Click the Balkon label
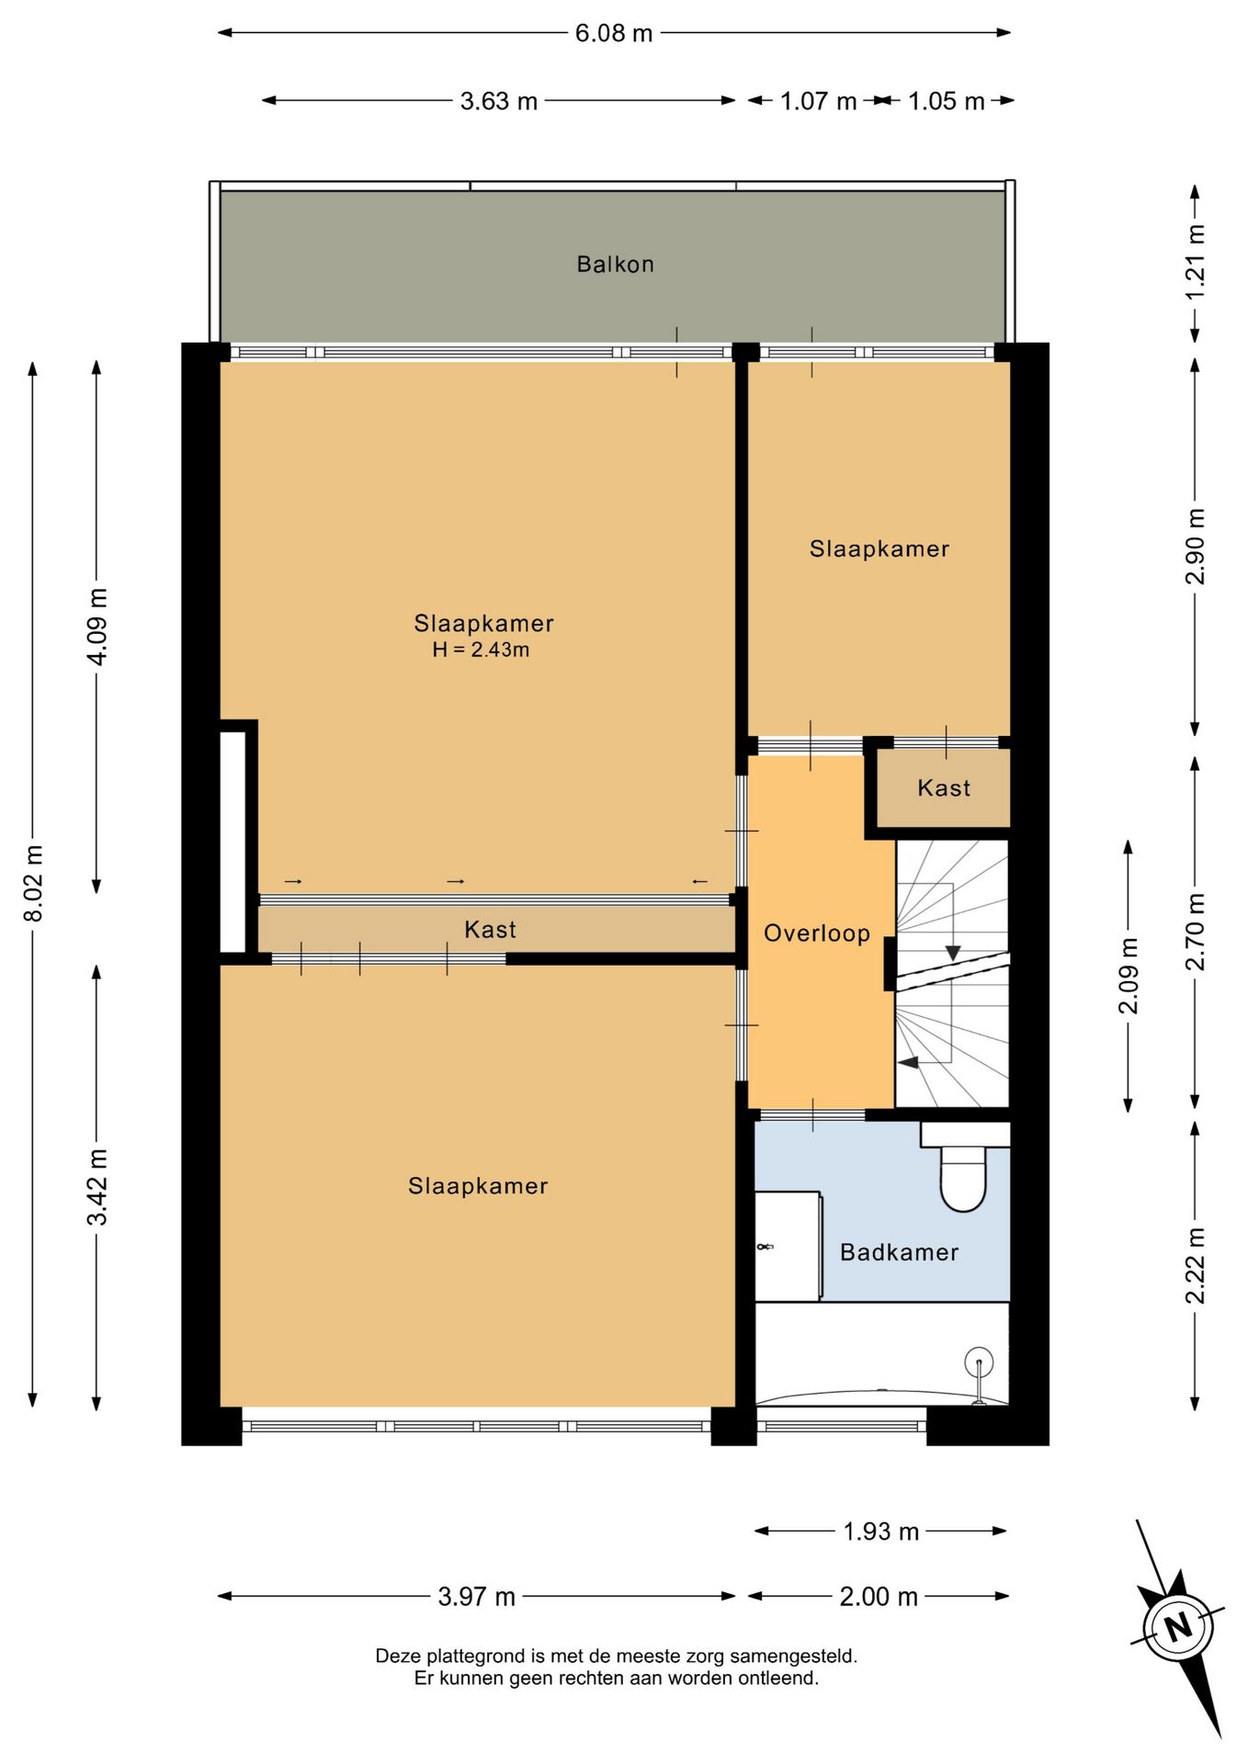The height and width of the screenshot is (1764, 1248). tap(615, 265)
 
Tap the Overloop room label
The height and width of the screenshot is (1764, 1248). tap(817, 933)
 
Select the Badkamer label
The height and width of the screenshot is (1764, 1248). tap(899, 1252)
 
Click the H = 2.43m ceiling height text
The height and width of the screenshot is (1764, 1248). tap(481, 650)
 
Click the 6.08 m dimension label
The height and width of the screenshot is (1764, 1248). tap(614, 34)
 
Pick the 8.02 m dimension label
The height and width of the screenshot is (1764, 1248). tap(33, 883)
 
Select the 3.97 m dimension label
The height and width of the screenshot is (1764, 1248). tap(476, 1597)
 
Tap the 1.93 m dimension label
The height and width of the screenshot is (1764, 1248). tap(880, 1532)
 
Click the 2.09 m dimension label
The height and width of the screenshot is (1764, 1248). tap(1129, 976)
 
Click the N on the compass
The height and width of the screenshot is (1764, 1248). tap(1177, 1628)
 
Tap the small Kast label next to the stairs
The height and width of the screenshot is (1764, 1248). tap(944, 788)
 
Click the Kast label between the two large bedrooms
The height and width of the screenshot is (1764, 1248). tap(490, 930)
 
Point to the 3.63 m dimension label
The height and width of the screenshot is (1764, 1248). tap(498, 101)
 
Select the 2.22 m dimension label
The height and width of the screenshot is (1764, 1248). tap(1195, 1265)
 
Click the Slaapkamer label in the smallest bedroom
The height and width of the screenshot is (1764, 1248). tap(879, 549)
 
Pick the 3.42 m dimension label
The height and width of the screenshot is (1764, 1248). tap(97, 1187)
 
